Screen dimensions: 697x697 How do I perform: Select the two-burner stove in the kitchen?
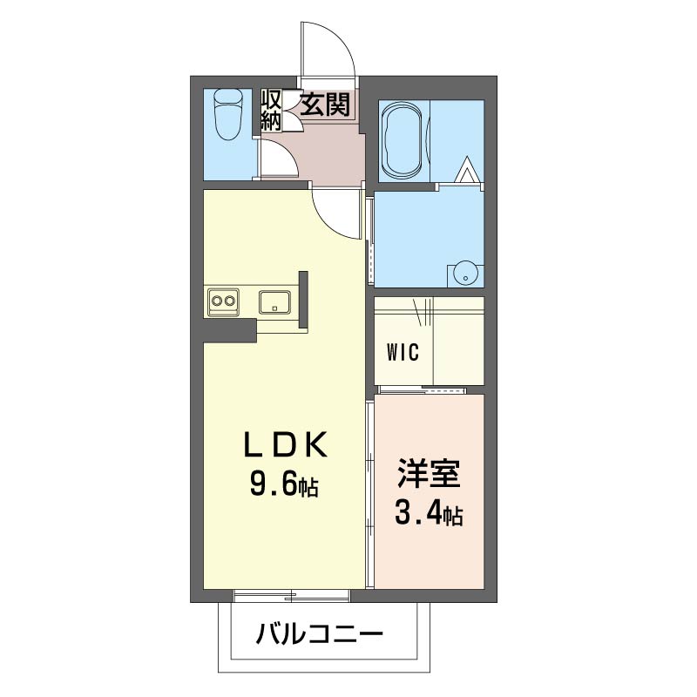tap(223, 301)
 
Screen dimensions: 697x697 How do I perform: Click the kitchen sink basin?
tap(274, 302)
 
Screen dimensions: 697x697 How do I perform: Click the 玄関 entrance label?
tap(326, 105)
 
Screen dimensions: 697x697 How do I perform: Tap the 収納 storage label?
tap(272, 110)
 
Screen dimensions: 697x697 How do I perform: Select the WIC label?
tap(403, 353)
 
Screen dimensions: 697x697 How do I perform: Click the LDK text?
tap(286, 444)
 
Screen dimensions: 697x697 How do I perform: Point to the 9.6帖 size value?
tap(284, 484)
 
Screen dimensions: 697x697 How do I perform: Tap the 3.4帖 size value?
tap(429, 513)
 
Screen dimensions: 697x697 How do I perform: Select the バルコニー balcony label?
tap(319, 634)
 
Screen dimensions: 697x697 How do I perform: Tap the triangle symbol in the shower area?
tap(465, 170)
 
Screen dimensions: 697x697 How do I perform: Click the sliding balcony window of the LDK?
tap(292, 596)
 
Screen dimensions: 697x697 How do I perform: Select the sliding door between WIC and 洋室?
tap(422, 390)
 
